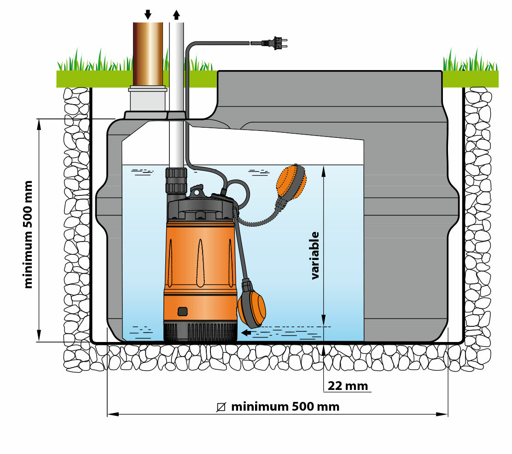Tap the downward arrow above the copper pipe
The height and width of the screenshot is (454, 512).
point(148,14)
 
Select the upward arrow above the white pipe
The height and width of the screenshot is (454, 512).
point(176,14)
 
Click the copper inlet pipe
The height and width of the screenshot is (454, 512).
point(148,53)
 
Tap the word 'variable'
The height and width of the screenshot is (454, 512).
point(315,255)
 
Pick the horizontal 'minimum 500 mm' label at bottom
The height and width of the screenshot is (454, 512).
point(285,407)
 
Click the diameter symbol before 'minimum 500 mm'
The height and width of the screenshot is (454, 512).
point(221,407)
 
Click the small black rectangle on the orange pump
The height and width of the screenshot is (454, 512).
point(183,312)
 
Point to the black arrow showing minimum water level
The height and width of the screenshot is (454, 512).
point(247,332)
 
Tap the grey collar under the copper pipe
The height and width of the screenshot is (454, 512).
point(147,99)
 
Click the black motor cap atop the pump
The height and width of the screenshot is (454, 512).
point(200,210)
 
